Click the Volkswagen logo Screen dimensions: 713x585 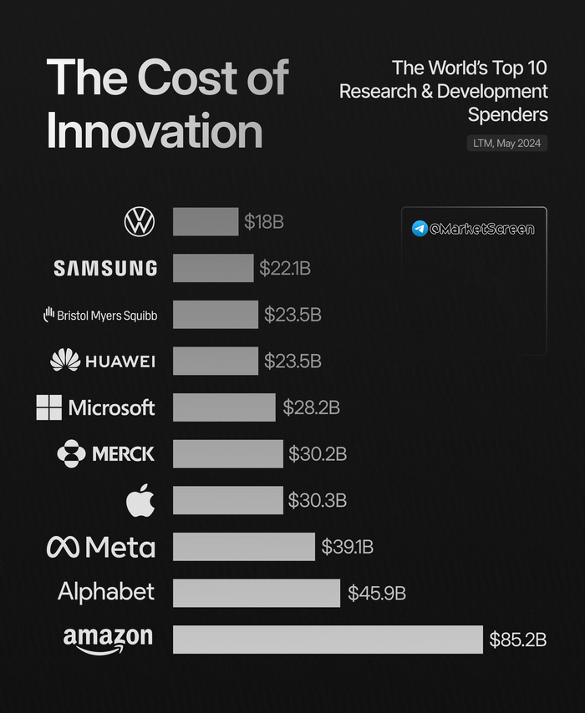(140, 222)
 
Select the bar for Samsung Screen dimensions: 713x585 (213, 268)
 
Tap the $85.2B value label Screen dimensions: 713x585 (518, 640)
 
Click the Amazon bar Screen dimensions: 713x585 (328, 640)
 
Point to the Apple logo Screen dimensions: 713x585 (140, 501)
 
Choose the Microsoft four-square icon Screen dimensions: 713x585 (49, 407)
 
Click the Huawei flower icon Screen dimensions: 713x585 (65, 361)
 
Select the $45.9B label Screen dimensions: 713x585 (377, 594)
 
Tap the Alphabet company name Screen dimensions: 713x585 (106, 592)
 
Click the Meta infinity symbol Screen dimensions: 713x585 (64, 547)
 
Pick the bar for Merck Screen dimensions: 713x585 (227, 453)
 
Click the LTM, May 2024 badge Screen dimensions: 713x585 (507, 144)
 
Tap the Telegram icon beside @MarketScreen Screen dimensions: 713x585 (420, 229)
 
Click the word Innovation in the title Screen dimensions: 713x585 (155, 130)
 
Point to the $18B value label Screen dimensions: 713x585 (264, 222)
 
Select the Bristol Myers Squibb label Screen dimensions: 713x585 (100, 316)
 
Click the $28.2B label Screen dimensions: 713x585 (311, 407)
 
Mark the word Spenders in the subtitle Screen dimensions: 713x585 (507, 113)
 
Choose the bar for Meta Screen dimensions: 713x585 (244, 547)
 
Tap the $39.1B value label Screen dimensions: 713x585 (347, 548)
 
